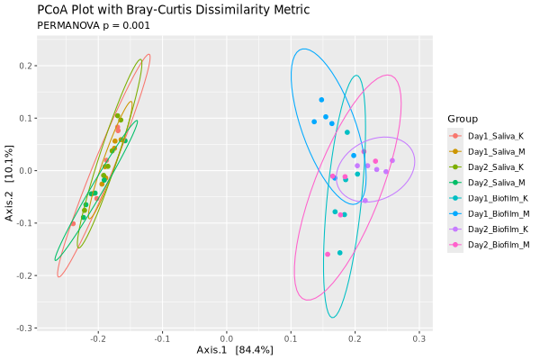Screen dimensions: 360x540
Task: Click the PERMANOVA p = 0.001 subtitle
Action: [x=93, y=26]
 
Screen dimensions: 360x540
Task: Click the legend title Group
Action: [x=462, y=119]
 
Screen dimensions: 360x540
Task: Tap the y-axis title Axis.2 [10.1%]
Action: [x=9, y=183]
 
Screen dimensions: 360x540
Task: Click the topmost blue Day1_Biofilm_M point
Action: [x=321, y=100]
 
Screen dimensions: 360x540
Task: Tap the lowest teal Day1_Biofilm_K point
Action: [x=339, y=253]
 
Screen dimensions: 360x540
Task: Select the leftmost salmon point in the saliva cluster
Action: [x=73, y=224]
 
